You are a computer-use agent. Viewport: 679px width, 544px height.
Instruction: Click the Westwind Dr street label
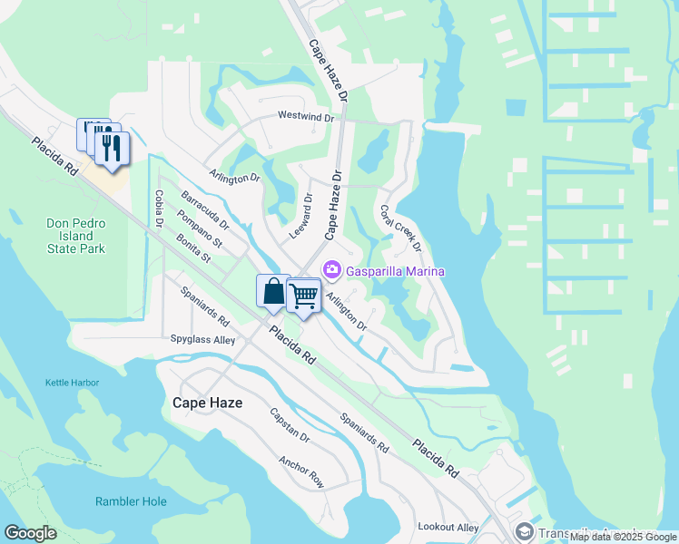coord(306,117)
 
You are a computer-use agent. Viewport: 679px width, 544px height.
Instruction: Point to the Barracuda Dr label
coord(205,209)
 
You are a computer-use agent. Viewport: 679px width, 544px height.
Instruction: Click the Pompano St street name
coord(200,228)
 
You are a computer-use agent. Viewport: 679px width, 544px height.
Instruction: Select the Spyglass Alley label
coord(203,340)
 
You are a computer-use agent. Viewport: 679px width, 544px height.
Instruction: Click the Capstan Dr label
coord(290,425)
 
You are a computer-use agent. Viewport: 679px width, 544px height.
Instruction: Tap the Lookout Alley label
coord(448,527)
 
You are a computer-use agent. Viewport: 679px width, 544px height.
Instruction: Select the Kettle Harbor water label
coord(72,383)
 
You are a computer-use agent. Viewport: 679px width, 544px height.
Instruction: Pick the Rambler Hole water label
coord(131,501)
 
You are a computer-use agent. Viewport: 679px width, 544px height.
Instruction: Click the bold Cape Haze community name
coord(208,402)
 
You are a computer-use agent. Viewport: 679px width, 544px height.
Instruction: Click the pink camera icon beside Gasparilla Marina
coord(332,270)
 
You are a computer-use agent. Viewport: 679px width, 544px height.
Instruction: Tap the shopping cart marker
coord(303,295)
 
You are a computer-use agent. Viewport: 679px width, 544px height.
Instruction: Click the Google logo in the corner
coord(30,533)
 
